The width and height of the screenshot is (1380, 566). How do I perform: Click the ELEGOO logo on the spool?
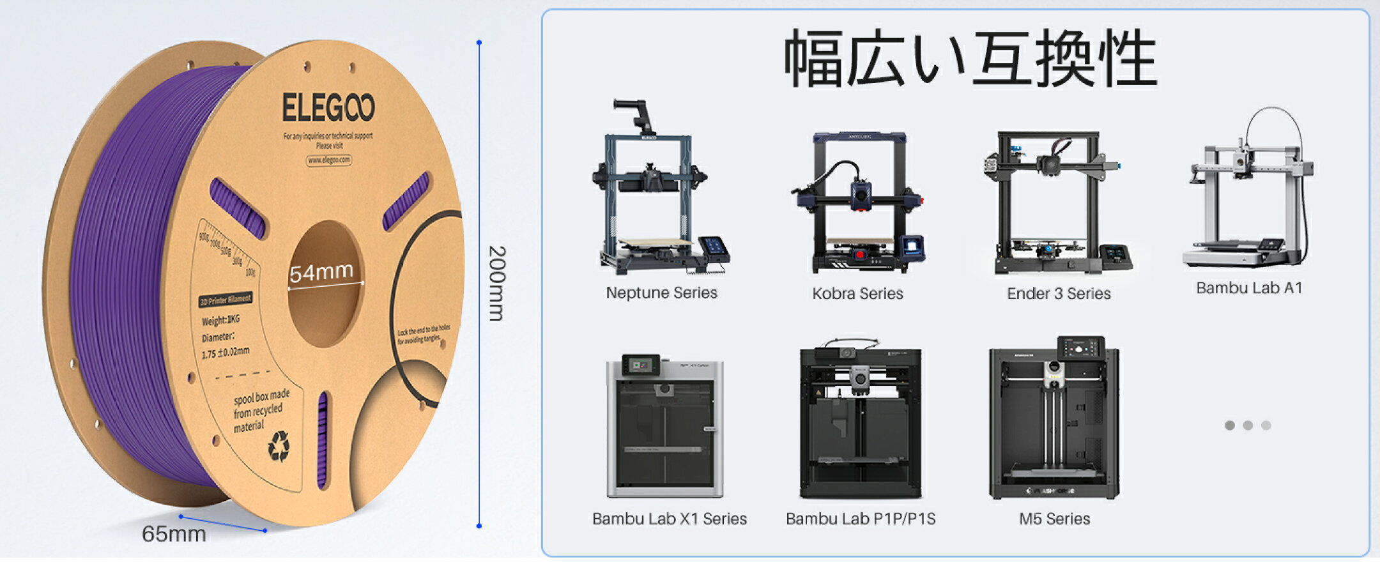pos(328,107)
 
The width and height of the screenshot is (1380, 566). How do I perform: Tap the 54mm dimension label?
pos(321,273)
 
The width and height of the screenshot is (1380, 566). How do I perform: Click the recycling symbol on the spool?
pos(279,446)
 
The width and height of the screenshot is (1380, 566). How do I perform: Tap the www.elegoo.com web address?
pos(328,160)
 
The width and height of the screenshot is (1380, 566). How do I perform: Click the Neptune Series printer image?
pos(658,192)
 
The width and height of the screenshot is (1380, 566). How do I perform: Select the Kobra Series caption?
pos(857,293)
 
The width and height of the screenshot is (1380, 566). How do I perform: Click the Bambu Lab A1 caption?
pos(1249,288)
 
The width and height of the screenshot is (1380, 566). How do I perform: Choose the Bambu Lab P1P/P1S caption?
pos(861,519)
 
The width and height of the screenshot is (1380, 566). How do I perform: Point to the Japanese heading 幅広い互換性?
pos(970,59)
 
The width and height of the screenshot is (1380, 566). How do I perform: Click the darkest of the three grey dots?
pos(1230,425)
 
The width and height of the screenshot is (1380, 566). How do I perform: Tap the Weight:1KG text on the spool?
pos(220,319)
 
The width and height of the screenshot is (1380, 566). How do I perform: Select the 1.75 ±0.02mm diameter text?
pos(225,352)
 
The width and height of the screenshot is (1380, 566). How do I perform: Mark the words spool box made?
pos(261,398)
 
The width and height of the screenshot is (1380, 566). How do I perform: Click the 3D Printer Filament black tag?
pos(225,300)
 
